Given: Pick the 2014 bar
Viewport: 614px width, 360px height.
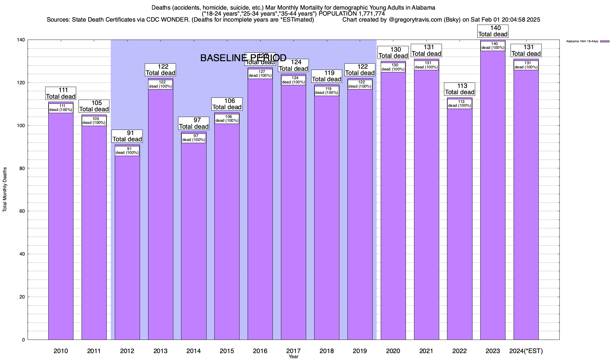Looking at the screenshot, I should tap(194, 240).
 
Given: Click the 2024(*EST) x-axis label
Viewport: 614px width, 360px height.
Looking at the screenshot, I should tap(526, 351).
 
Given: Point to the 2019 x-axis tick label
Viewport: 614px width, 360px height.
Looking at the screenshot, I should tap(360, 351).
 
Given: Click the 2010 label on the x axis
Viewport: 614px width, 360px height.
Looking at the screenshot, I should tap(61, 351).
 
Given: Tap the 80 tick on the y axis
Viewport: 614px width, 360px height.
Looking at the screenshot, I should tap(22, 169).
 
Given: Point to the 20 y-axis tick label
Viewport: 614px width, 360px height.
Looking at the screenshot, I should tap(22, 297).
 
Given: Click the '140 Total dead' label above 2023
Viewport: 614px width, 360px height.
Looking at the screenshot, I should tap(493, 31).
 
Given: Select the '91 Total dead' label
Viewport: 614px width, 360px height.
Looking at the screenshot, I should tap(127, 136).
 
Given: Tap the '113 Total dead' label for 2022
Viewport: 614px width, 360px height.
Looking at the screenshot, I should tap(459, 89).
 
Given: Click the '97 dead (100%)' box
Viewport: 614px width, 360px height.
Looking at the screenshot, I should tap(194, 138).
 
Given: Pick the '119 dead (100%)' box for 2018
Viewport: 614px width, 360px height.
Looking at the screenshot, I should tap(326, 91).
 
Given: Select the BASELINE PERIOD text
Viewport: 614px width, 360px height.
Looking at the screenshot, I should tap(243, 58).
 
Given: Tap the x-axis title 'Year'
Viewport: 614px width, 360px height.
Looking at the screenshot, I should tap(294, 357).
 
